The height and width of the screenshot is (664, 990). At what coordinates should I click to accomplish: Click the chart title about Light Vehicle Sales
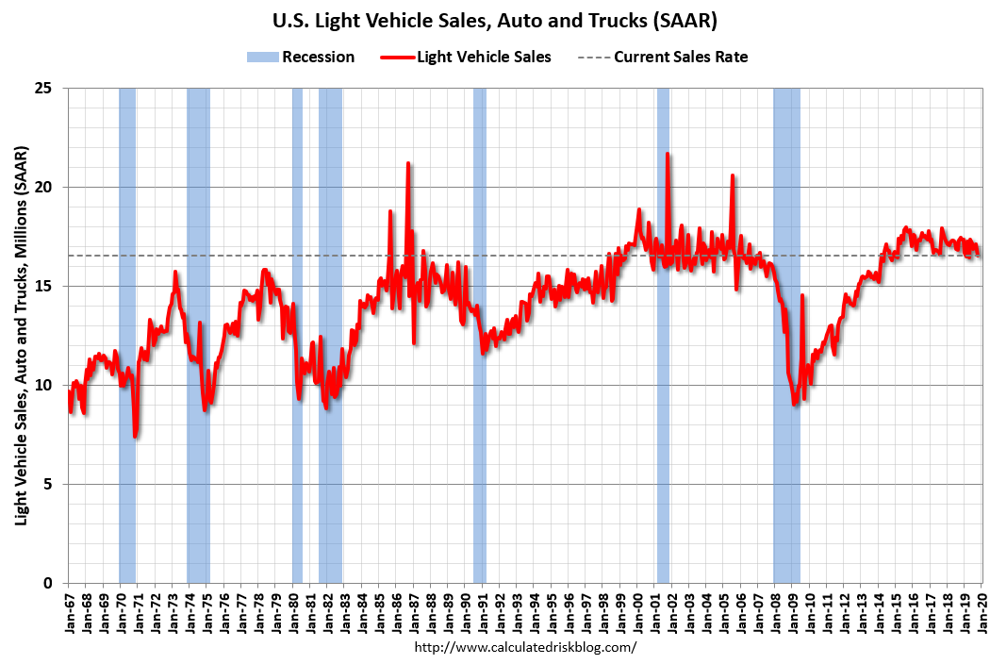coord(494,20)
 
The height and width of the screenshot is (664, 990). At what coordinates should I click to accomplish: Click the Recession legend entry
coord(301,57)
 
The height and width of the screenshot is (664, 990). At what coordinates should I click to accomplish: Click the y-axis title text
coord(20,336)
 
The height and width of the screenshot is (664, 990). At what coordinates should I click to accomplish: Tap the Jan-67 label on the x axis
coord(70,613)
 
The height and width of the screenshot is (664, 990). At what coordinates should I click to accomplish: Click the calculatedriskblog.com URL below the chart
coord(525,647)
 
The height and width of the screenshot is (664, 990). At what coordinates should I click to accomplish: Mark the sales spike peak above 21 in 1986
coord(408,163)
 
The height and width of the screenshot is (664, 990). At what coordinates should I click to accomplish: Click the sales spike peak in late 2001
coord(668,154)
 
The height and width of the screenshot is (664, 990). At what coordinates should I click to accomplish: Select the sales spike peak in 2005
coord(732,175)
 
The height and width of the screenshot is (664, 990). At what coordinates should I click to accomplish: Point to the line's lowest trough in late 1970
coord(136,436)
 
